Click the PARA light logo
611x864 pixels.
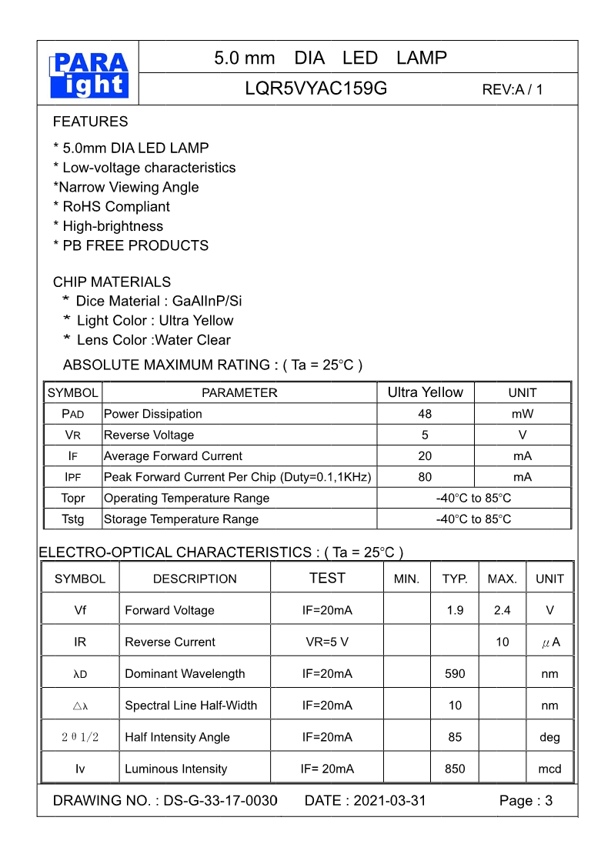(88, 75)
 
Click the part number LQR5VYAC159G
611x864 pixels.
(316, 88)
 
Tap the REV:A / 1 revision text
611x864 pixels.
(513, 89)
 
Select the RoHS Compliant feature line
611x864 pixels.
(112, 206)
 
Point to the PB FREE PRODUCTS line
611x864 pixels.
(131, 245)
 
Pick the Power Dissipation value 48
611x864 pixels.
(425, 414)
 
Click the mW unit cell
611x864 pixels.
(523, 414)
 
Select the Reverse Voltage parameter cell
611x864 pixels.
(149, 435)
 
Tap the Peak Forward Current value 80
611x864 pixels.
(425, 477)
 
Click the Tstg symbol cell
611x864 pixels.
(73, 519)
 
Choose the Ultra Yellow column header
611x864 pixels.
(425, 392)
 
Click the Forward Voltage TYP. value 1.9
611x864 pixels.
(455, 610)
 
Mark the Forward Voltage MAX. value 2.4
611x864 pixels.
(502, 610)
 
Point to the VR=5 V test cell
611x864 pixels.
(327, 642)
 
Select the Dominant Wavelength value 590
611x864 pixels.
(455, 673)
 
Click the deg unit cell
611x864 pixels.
(549, 737)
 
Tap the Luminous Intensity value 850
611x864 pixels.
(455, 769)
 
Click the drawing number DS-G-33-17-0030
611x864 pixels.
(220, 801)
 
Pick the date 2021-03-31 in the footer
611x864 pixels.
(389, 801)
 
